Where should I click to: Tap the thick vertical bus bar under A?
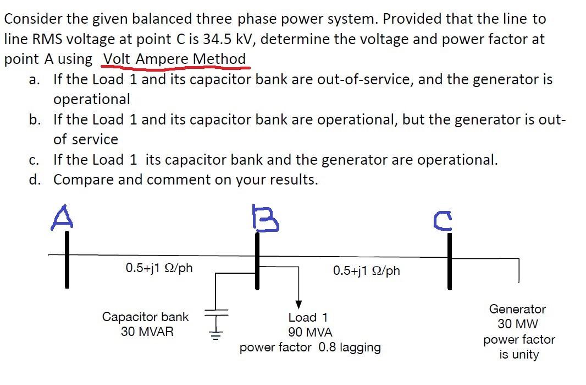pos(67,259)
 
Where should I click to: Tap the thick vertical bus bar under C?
pos(449,261)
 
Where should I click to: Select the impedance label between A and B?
pos(159,268)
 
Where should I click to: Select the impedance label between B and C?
pos(367,270)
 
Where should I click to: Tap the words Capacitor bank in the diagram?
pos(145,317)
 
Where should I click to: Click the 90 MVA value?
pos(310,333)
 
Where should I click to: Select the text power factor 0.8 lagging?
pos(310,348)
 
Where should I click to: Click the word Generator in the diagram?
pos(517,309)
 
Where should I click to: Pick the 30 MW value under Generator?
pos(518,324)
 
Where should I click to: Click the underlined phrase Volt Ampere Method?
pos(175,58)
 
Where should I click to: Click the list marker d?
pos(35,180)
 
